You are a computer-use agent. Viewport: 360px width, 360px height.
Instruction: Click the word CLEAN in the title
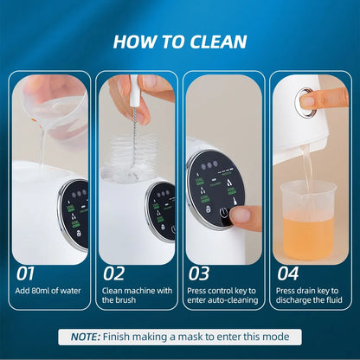[217, 41]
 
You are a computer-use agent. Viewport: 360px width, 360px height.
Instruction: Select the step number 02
[114, 273]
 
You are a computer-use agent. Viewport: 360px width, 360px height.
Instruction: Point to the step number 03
[199, 273]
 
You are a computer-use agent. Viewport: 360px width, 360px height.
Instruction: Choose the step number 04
[286, 273]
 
